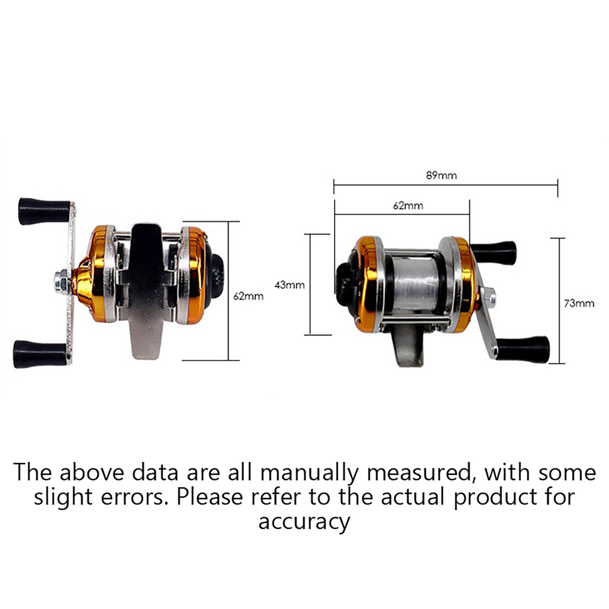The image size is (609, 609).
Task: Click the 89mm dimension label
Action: coord(441,175)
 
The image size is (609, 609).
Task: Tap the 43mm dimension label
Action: coord(289,285)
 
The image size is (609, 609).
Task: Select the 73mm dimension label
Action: coord(579,303)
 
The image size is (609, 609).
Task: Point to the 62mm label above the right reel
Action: coord(408,206)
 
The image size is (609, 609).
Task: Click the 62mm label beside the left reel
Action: coord(248,296)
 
